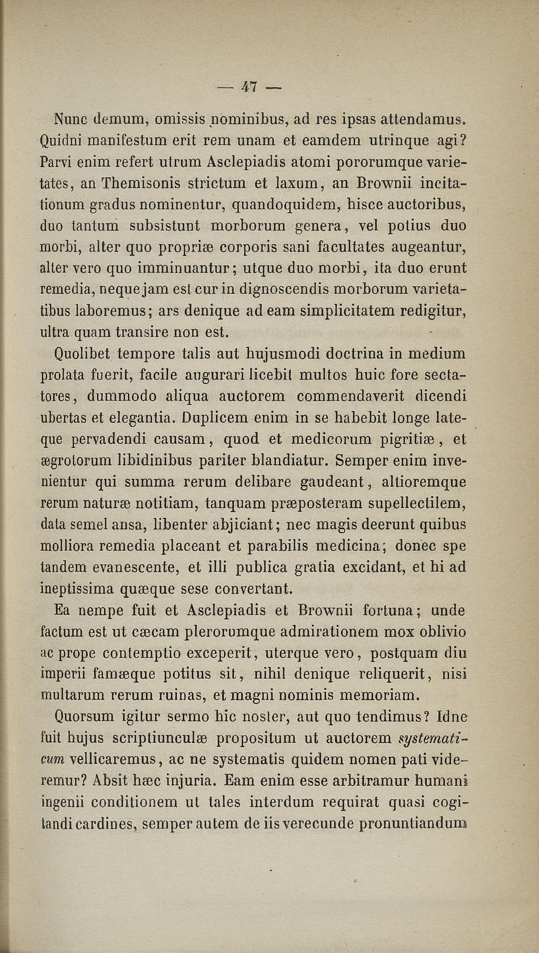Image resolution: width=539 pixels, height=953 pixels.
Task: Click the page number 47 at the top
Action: [x=249, y=86]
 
